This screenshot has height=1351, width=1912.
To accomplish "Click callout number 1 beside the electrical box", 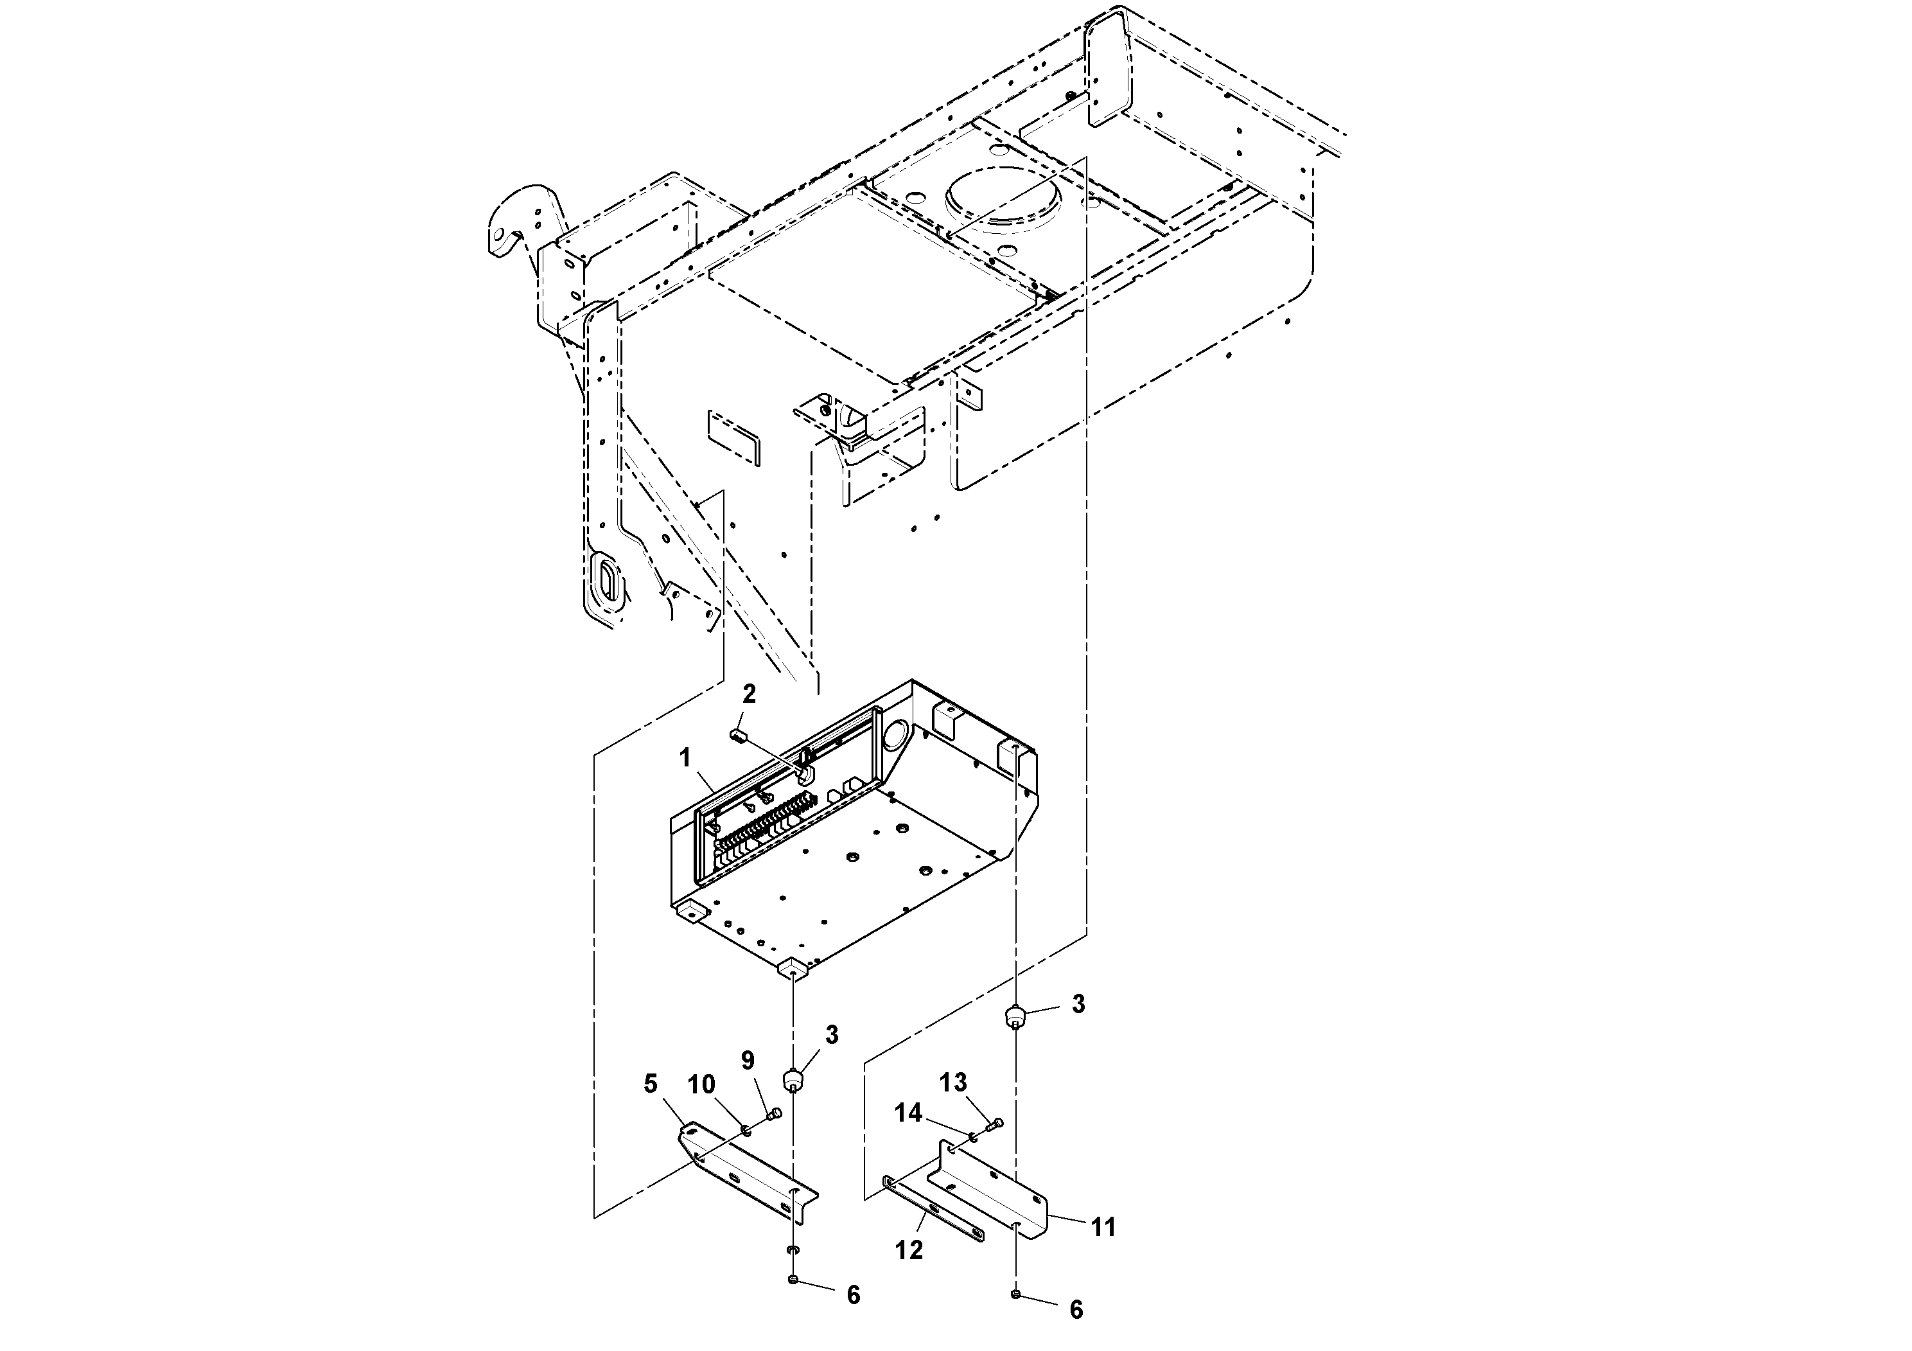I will pyautogui.click(x=685, y=757).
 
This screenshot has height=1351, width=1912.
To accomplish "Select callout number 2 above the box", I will pyautogui.click(x=749, y=694).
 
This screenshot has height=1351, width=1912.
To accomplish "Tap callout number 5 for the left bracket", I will pyautogui.click(x=651, y=1084).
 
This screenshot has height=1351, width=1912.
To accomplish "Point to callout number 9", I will pyautogui.click(x=747, y=1061).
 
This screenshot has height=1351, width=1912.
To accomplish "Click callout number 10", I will pyautogui.click(x=701, y=1084).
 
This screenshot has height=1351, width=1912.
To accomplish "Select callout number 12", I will pyautogui.click(x=909, y=1250).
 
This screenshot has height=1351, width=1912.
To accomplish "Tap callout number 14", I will pyautogui.click(x=909, y=1113).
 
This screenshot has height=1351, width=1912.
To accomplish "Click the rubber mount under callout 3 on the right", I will pyautogui.click(x=1016, y=1018).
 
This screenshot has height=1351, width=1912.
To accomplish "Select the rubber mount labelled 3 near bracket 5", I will pyautogui.click(x=794, y=1081).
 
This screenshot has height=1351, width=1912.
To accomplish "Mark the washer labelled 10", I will pyautogui.click(x=746, y=1129).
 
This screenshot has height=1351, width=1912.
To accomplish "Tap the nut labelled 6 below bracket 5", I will pyautogui.click(x=793, y=1279).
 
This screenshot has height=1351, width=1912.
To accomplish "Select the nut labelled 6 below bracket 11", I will pyautogui.click(x=1016, y=1294).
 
